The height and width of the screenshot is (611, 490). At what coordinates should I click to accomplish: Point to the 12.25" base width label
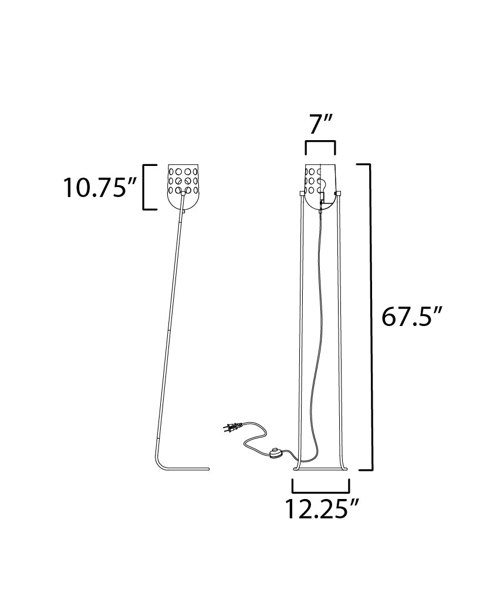click(322, 508)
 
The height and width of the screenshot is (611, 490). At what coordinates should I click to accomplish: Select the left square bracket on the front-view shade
click(302, 193)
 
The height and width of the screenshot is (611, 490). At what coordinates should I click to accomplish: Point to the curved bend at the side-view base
click(161, 457)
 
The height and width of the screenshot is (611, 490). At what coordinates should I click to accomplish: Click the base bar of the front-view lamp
click(320, 469)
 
